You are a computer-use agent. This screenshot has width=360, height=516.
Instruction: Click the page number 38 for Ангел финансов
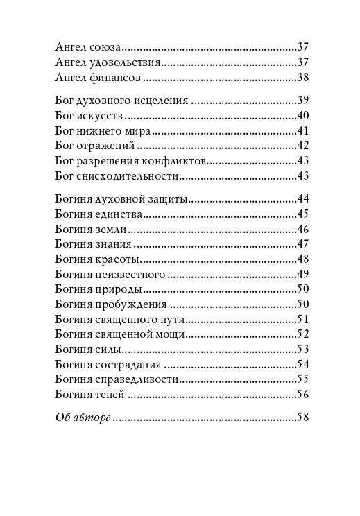point(302,77)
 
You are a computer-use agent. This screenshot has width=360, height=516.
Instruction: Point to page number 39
point(302,101)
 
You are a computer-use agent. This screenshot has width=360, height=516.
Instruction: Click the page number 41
point(302,130)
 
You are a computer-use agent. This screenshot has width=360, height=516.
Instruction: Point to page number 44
point(302,199)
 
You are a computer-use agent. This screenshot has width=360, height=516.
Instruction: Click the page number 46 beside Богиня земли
point(302,229)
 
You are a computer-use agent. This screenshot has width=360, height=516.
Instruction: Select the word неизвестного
point(131,274)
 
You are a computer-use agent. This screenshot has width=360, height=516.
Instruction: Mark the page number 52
point(302,334)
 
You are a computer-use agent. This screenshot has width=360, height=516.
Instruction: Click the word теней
point(111,395)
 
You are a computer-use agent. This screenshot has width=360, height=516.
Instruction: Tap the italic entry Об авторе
point(83,418)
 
